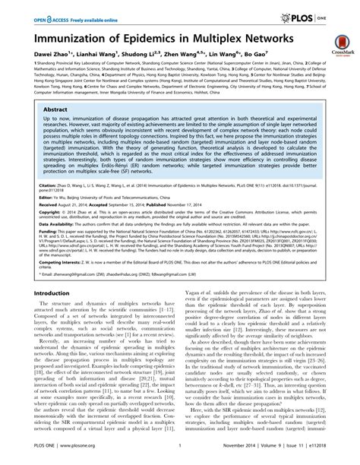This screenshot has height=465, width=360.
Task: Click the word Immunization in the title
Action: (65, 38)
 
